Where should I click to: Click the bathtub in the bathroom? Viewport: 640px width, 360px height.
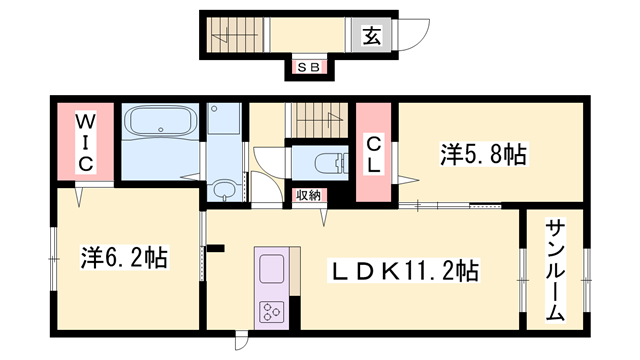click(x=160, y=127)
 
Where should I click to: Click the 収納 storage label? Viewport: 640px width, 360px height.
click(x=308, y=195)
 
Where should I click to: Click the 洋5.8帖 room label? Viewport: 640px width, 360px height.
click(x=483, y=154)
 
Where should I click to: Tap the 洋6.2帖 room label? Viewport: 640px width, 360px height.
click(x=123, y=257)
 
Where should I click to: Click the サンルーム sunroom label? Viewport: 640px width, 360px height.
click(x=554, y=270)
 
